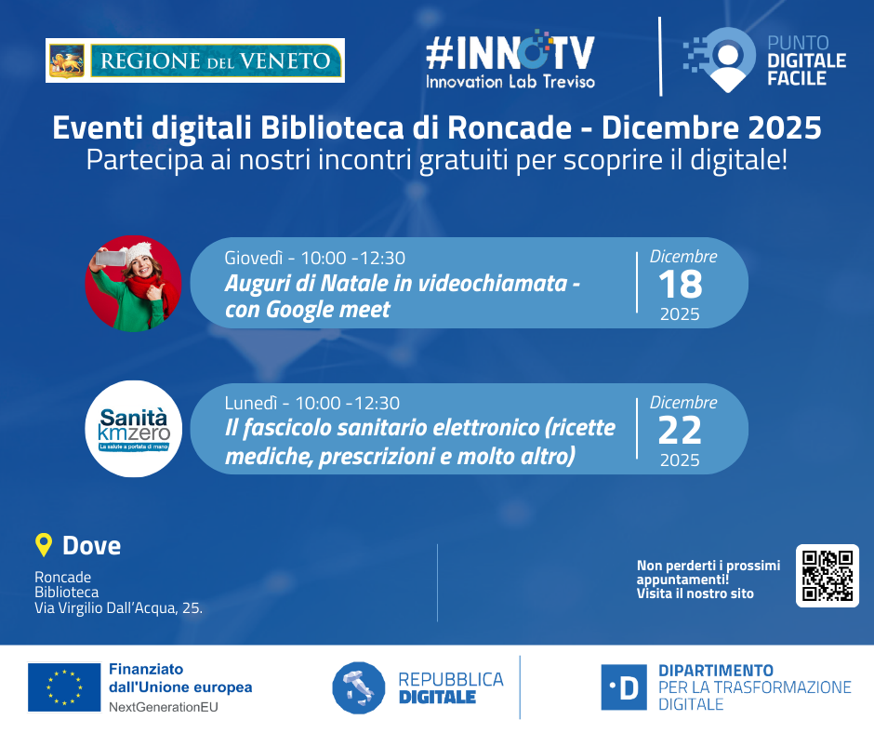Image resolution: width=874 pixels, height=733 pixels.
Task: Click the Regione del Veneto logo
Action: [x=195, y=60]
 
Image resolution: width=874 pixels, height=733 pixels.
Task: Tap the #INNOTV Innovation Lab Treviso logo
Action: [x=510, y=60]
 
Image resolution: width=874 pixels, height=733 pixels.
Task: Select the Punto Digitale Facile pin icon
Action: [x=720, y=60]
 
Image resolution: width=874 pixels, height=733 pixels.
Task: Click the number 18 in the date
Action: [x=680, y=285]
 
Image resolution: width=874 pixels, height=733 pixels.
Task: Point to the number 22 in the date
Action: [x=680, y=431]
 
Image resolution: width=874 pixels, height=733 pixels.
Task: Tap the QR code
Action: [x=828, y=576]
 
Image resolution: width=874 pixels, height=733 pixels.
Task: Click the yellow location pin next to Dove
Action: [x=44, y=545]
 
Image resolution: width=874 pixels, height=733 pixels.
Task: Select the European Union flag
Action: [x=64, y=687]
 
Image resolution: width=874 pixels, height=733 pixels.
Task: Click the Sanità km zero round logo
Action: [x=133, y=429]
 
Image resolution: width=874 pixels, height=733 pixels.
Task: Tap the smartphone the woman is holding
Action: [x=111, y=259]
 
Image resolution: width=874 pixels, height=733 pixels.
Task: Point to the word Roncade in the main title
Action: [x=510, y=127]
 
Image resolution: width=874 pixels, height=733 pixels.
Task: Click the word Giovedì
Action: [x=254, y=258]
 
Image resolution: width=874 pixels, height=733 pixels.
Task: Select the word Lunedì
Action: [x=251, y=403]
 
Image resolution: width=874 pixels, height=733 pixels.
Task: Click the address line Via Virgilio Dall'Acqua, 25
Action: [x=118, y=608]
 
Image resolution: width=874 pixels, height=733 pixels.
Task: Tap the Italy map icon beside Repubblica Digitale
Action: [x=358, y=687]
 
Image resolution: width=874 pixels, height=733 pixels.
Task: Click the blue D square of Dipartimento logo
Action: [x=624, y=687]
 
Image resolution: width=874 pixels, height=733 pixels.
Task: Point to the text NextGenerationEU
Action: [x=164, y=707]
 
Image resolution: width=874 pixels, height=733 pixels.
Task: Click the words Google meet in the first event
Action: [x=327, y=310]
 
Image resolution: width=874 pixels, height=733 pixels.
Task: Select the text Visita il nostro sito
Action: [x=695, y=593]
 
